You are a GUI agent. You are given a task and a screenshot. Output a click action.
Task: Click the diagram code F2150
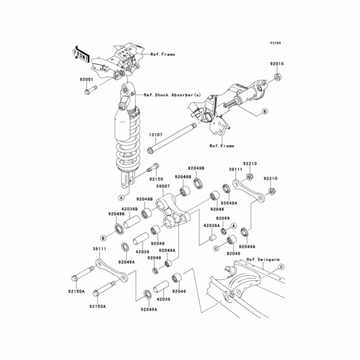click(x=275, y=43)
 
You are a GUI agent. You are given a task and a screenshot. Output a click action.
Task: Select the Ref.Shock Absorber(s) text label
click(x=172, y=95)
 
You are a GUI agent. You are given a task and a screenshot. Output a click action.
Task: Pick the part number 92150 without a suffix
click(x=156, y=179)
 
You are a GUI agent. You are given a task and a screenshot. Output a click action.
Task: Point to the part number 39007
click(x=162, y=186)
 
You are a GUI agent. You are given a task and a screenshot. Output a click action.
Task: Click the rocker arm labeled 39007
click(x=173, y=212)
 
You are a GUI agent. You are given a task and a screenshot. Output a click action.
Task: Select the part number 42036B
click(x=130, y=208)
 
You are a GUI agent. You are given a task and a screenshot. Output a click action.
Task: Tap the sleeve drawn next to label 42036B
click(x=133, y=222)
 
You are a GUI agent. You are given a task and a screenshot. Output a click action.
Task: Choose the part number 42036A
click(x=211, y=225)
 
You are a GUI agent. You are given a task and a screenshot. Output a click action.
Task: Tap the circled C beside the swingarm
click(x=281, y=267)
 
